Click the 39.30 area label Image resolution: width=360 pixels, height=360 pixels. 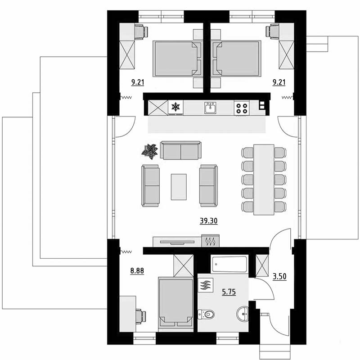click(x=208, y=221)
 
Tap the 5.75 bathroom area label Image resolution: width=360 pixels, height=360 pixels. click(x=229, y=292)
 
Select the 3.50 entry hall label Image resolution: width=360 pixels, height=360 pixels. click(x=279, y=276)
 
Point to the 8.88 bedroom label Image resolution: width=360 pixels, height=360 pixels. click(x=137, y=271)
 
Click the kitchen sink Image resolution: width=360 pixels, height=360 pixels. click(x=211, y=108)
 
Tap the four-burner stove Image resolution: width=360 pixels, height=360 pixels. click(x=242, y=108)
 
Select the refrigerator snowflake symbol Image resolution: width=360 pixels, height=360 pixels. click(x=175, y=107)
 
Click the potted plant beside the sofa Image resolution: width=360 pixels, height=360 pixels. click(x=150, y=152)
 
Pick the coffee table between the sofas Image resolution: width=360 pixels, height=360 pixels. click(x=179, y=187)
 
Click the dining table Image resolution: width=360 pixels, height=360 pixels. click(x=264, y=180)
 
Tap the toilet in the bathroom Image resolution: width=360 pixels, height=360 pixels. click(x=206, y=314)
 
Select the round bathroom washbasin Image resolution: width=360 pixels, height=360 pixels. click(x=243, y=314)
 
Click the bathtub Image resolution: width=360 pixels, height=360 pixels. click(x=229, y=264)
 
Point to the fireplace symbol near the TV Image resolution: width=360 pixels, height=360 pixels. click(x=210, y=241)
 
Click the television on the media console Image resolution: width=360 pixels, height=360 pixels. click(x=177, y=242)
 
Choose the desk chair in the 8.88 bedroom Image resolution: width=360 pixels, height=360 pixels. click(x=140, y=317)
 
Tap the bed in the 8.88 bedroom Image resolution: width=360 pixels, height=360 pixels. click(x=175, y=304)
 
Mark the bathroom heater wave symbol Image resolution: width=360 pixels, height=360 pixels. click(x=206, y=285)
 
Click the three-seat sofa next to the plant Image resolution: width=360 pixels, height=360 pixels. click(x=181, y=150)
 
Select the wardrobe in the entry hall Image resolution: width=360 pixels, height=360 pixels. click(x=262, y=265)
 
